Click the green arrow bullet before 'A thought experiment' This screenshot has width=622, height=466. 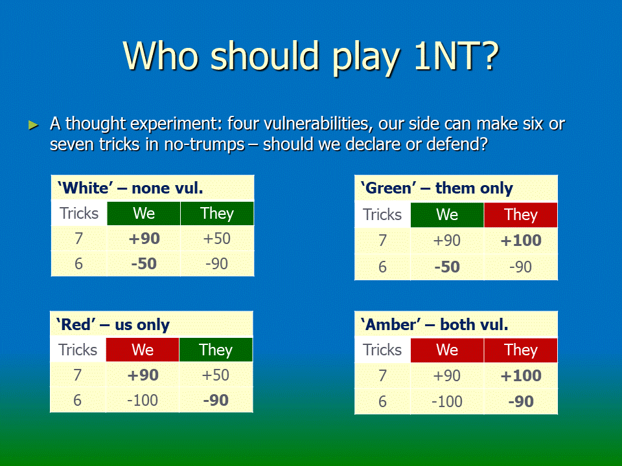33,125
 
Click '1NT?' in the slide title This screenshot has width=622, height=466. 455,56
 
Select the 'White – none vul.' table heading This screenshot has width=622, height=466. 130,188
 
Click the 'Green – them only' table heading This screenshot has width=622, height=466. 436,188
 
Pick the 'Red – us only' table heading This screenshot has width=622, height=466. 113,324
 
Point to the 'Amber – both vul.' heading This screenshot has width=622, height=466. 434,324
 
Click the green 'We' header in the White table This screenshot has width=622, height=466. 144,214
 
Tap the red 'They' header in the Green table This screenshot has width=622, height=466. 520,215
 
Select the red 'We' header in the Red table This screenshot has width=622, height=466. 143,350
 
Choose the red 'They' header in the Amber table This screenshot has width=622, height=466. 520,350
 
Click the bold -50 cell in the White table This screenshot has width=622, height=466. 144,263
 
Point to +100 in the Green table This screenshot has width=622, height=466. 520,241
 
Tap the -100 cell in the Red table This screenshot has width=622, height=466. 143,400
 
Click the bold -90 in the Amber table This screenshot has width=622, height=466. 520,402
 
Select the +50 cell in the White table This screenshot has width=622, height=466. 216,239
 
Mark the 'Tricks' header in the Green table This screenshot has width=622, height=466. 382,215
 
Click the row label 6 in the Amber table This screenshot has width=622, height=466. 382,402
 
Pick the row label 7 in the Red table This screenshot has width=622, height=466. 77,375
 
